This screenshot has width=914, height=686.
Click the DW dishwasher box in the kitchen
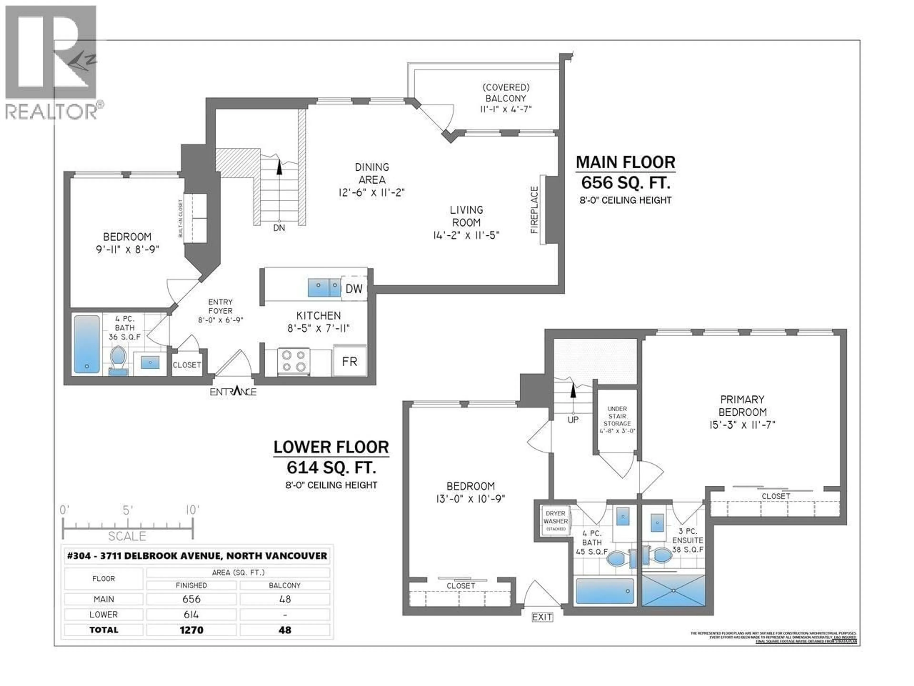pyautogui.click(x=354, y=289)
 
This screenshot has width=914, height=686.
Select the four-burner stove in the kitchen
pyautogui.click(x=293, y=361)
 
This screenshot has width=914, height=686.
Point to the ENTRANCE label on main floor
pyautogui.click(x=233, y=392)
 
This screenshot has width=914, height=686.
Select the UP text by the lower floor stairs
pyautogui.click(x=573, y=420)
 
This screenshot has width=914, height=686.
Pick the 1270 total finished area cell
pyautogui.click(x=191, y=630)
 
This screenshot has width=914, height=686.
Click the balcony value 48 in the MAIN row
pyautogui.click(x=285, y=599)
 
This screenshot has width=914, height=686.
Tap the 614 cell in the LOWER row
pyautogui.click(x=191, y=615)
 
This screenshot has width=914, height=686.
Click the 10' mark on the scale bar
pyautogui.click(x=192, y=510)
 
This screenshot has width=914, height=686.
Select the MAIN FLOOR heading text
pyautogui.click(x=625, y=162)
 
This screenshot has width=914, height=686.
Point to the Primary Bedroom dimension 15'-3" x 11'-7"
pyautogui.click(x=742, y=425)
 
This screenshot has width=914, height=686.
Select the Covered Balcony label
pyautogui.click(x=506, y=98)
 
